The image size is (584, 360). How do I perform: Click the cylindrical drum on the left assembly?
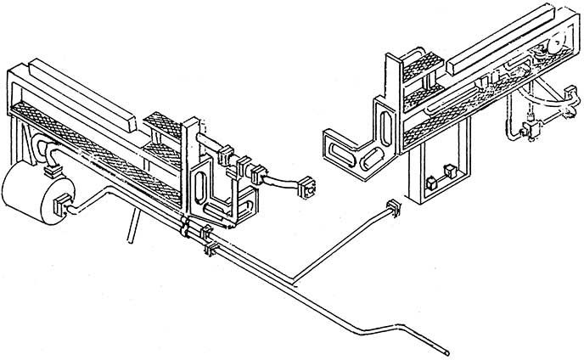tap(30, 195)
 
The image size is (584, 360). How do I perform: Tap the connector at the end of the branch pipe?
tap(392, 207)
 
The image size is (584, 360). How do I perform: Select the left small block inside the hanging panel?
tap(430, 180)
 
